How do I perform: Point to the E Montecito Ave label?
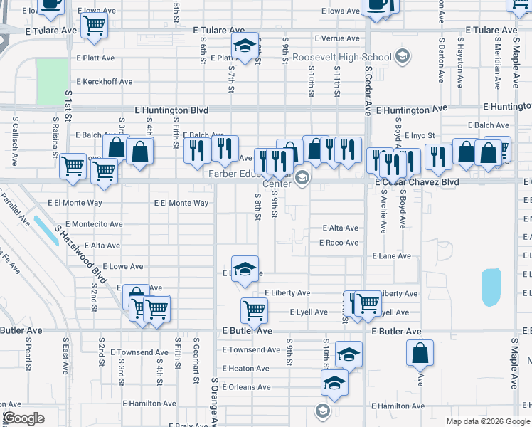(85, 224)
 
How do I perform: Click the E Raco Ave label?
(339, 243)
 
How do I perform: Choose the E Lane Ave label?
(391, 256)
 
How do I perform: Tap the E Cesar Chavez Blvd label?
(417, 182)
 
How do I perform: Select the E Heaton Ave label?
(245, 369)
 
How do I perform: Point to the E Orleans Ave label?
(246, 387)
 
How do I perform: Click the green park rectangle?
(50, 80)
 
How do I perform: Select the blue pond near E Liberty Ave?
(491, 287)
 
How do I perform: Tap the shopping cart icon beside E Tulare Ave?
(94, 26)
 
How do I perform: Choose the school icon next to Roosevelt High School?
(402, 56)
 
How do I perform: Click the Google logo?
(23, 418)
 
